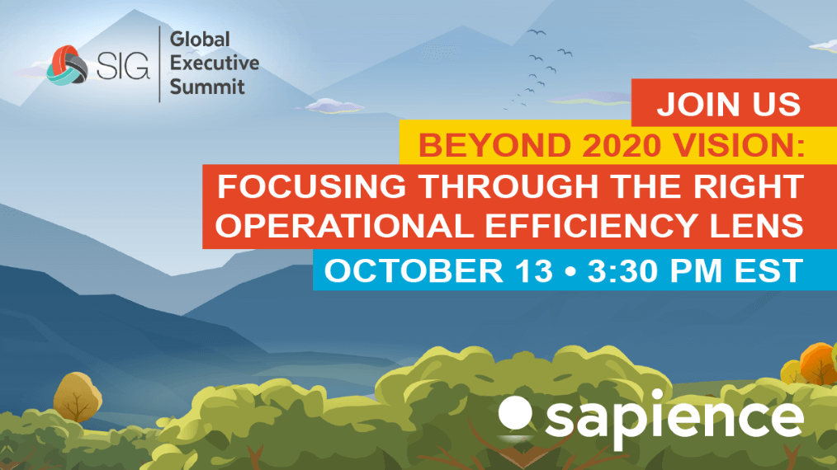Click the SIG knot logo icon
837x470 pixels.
click(x=67, y=66)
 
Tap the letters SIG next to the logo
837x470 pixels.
click(x=123, y=67)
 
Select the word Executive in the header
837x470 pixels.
click(x=214, y=63)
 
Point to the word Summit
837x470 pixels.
click(x=207, y=87)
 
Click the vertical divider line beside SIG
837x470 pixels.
click(x=159, y=63)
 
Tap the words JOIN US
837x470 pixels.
click(x=729, y=104)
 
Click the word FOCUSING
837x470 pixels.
click(x=312, y=186)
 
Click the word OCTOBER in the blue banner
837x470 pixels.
click(x=414, y=270)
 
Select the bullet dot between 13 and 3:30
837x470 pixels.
click(x=570, y=271)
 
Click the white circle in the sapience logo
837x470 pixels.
click(x=515, y=412)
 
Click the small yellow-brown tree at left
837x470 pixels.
click(x=78, y=397)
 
